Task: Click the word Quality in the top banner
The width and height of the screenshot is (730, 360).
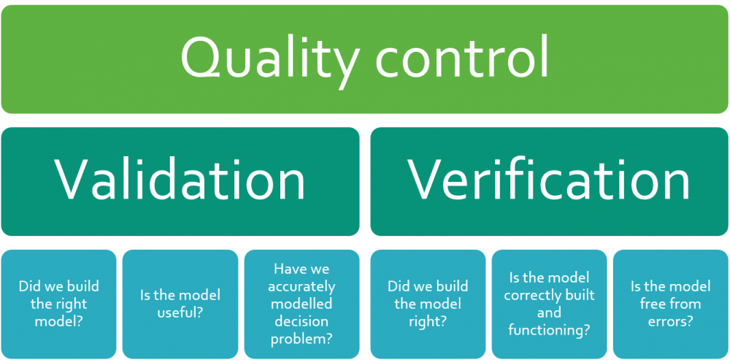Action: click(x=270, y=61)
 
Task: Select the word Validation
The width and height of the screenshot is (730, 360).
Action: click(x=180, y=180)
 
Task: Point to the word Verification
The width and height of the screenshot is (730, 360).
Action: click(x=548, y=180)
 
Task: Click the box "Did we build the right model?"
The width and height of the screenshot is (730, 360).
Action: click(x=58, y=304)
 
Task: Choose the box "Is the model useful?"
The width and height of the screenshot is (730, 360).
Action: click(x=180, y=304)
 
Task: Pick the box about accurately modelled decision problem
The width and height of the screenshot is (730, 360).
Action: click(x=301, y=304)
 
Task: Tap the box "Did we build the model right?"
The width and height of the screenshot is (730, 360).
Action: click(x=428, y=304)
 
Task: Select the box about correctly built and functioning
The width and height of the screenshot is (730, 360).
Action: click(x=550, y=304)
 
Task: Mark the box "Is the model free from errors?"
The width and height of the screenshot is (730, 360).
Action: click(x=671, y=304)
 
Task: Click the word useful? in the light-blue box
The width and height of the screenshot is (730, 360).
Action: click(x=180, y=313)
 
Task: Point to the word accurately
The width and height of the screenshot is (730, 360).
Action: click(x=301, y=287)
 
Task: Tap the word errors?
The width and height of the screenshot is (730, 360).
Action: click(x=671, y=322)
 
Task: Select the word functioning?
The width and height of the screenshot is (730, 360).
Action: click(x=550, y=331)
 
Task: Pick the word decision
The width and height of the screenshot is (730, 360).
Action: click(x=301, y=322)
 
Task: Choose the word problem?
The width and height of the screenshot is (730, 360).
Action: click(x=301, y=340)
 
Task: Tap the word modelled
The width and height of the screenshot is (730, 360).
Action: click(x=301, y=304)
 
